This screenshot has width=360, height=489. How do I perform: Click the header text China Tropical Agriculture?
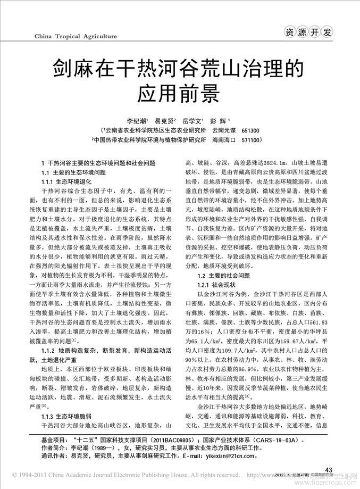click(75, 36)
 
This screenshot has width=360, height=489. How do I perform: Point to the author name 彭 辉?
click(226, 121)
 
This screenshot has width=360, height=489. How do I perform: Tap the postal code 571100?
click(250, 139)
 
